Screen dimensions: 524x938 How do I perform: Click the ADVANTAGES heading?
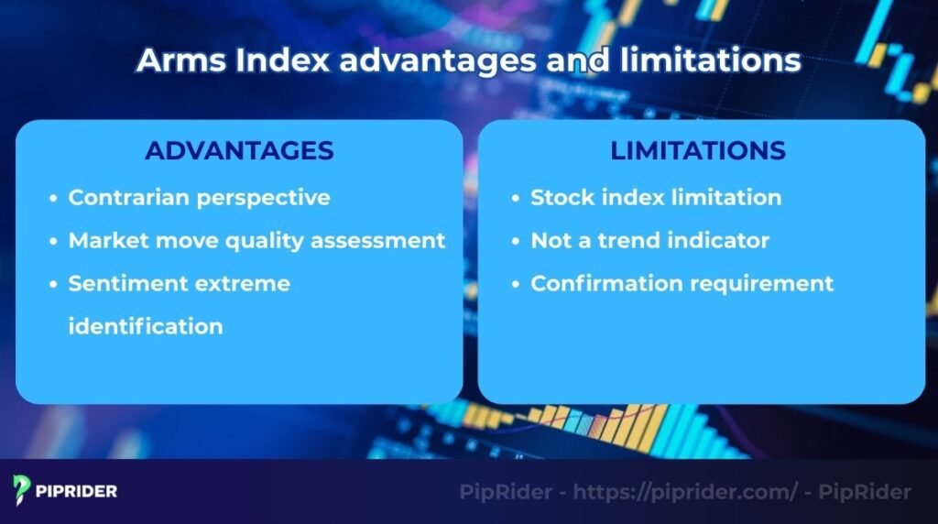click(238, 150)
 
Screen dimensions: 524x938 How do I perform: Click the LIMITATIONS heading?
click(698, 150)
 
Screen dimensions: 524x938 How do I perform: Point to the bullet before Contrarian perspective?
click(54, 198)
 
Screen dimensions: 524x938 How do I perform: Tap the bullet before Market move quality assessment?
click(54, 241)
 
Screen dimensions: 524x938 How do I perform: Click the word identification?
click(146, 326)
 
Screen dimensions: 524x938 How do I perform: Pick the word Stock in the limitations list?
click(560, 197)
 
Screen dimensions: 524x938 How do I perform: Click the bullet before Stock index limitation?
click(517, 198)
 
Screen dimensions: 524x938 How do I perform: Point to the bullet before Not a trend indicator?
click(517, 241)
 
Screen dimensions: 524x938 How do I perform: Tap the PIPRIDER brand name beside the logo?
click(77, 491)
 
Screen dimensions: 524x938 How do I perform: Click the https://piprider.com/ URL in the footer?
click(685, 492)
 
